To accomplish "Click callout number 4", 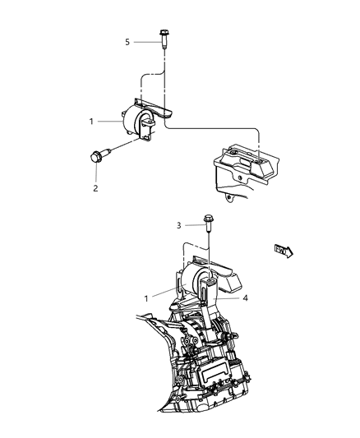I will coord(244,299).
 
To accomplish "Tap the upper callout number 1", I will coord(92,122).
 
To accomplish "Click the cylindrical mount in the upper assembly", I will coord(134,122).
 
